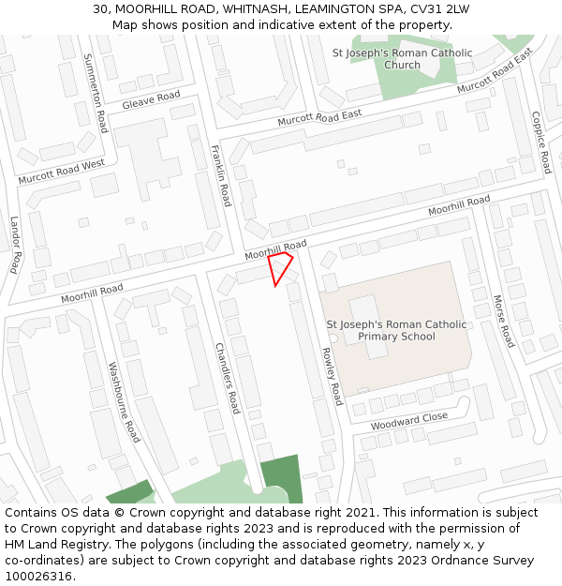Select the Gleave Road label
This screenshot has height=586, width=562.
click(151, 99)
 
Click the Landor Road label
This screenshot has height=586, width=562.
click(16, 245)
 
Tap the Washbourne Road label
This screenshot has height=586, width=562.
click(124, 402)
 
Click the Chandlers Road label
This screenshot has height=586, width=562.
click(228, 378)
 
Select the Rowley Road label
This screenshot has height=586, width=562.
click(331, 376)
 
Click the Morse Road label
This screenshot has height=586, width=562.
click(504, 320)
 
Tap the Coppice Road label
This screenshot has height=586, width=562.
click(541, 143)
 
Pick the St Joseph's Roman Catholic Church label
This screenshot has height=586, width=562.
click(403, 59)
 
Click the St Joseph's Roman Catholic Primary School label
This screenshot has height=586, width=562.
click(395, 330)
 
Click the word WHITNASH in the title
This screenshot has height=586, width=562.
click(257, 9)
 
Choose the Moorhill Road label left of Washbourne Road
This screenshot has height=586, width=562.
click(92, 293)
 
